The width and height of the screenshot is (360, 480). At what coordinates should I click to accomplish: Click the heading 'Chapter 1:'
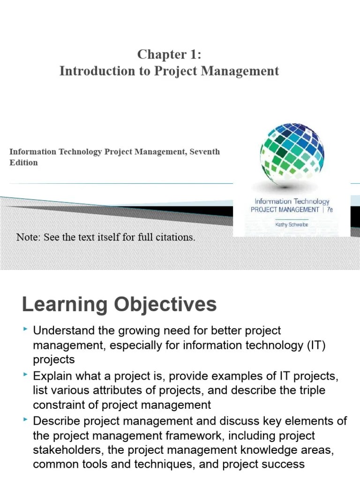click(x=169, y=54)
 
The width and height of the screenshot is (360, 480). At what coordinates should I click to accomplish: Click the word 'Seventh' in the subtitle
click(x=204, y=151)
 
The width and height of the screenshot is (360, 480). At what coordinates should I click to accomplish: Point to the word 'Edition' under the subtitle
click(x=23, y=163)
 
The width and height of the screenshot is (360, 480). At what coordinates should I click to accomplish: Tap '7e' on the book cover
click(x=329, y=210)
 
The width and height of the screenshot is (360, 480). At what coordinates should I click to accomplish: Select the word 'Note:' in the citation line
click(x=29, y=237)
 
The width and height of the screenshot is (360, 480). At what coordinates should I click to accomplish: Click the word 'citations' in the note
click(x=177, y=237)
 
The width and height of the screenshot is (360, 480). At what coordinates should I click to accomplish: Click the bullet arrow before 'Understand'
click(x=25, y=331)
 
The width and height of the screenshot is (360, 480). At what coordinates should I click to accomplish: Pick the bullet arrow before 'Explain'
click(x=25, y=375)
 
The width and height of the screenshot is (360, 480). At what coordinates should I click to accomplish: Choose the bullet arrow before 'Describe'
click(x=25, y=420)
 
